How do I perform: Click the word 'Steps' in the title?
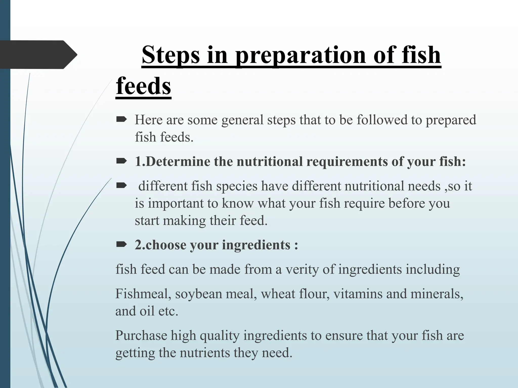click(x=171, y=55)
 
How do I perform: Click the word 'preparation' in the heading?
click(x=300, y=55)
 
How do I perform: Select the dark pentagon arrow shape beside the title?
click(x=38, y=55)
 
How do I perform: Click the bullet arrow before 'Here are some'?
click(x=121, y=119)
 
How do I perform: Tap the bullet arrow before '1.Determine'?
click(x=121, y=161)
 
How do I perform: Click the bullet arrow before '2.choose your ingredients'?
click(x=121, y=245)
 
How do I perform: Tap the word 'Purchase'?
click(x=141, y=336)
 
